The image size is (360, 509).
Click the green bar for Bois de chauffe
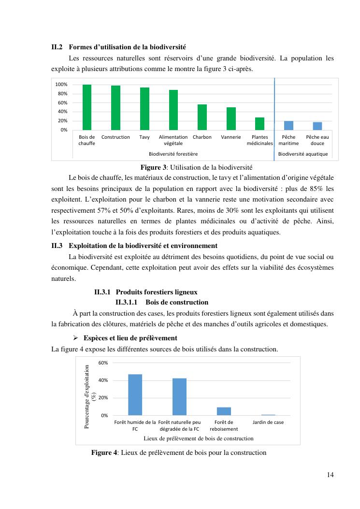coord(87,107)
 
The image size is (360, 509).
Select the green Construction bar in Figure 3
coord(115,108)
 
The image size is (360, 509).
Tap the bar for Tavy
coord(144,109)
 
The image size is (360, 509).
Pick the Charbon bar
coord(202,117)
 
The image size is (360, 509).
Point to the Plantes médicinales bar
coord(259,124)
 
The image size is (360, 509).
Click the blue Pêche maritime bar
coord(288,125)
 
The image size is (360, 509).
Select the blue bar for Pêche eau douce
coord(317,126)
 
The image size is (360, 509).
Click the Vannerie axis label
coord(231,137)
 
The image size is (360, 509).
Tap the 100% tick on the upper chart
coord(61,85)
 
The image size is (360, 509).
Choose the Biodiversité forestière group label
coord(173,154)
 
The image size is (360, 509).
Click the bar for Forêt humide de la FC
coord(135,394)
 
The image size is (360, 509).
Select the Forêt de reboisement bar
coord(224,411)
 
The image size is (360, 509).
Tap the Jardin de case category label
coord(268,422)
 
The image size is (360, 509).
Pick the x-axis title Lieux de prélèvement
coord(199,438)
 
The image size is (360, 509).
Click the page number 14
coord(330,474)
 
